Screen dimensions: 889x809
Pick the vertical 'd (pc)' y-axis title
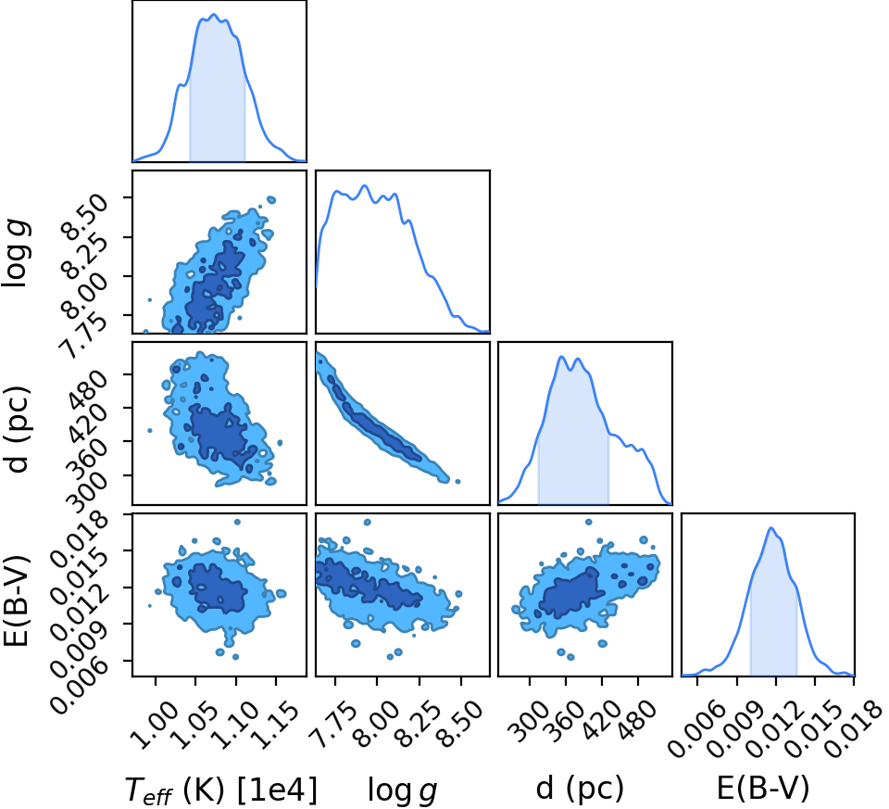[17, 429]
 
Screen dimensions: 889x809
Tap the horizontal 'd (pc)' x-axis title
[580, 788]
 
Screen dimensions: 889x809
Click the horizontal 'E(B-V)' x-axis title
[763, 788]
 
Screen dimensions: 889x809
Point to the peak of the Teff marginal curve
[214, 14]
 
